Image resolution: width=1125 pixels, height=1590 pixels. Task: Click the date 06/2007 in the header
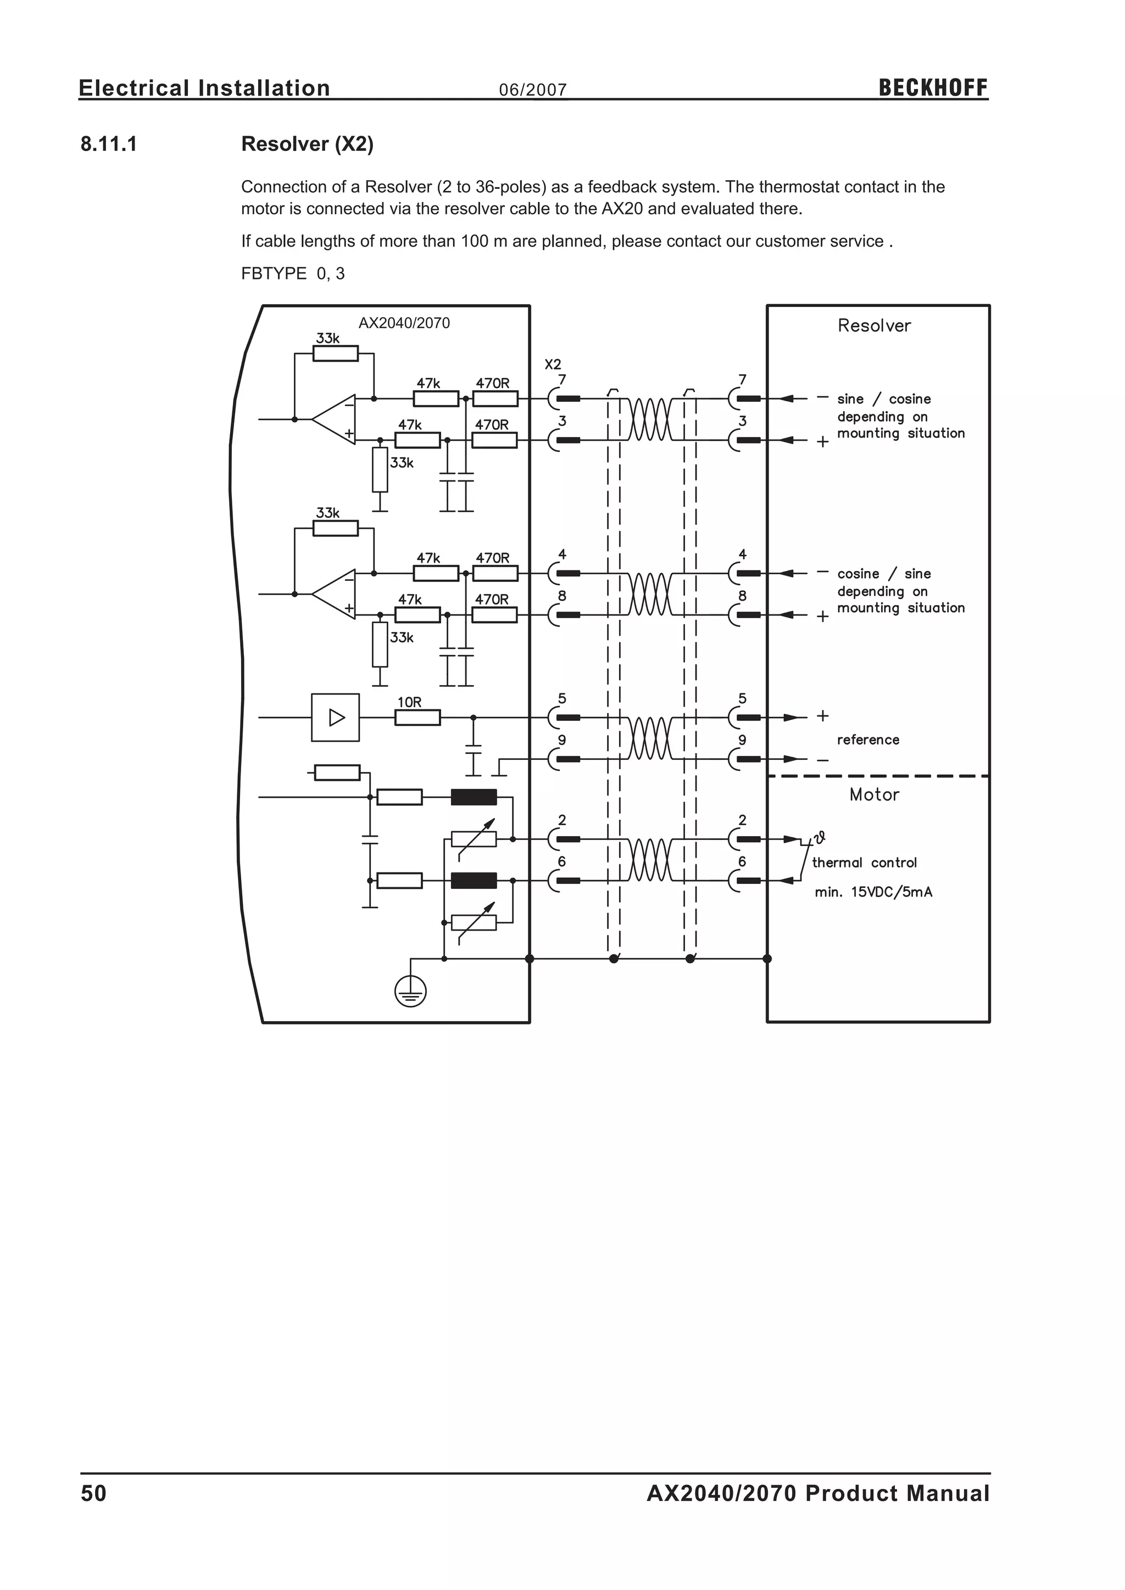pyautogui.click(x=533, y=90)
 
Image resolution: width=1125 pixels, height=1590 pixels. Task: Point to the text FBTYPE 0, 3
pyautogui.click(x=292, y=273)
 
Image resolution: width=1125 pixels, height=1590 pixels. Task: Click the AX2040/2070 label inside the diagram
pyautogui.click(x=404, y=323)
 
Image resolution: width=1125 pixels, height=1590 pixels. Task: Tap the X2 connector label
pyautogui.click(x=552, y=364)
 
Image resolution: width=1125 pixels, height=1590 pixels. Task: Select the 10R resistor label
pyautogui.click(x=409, y=702)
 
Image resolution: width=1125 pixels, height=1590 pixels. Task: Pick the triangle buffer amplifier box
pyautogui.click(x=335, y=718)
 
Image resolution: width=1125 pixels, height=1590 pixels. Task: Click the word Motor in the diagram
pyautogui.click(x=874, y=795)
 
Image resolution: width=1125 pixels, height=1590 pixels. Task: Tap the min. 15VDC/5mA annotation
pyautogui.click(x=873, y=892)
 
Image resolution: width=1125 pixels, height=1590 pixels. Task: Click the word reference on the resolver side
pyautogui.click(x=867, y=740)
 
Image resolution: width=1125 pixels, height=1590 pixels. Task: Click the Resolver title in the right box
pyautogui.click(x=873, y=326)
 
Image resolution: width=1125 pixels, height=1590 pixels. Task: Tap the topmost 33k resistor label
pyautogui.click(x=327, y=339)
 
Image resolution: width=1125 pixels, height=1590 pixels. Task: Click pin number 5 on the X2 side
pyautogui.click(x=562, y=699)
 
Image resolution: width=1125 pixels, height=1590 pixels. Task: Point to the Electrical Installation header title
pyautogui.click(x=204, y=88)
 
